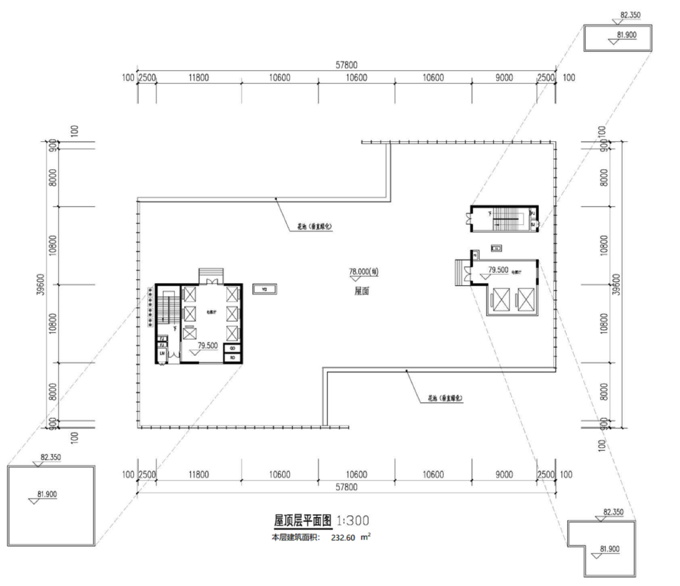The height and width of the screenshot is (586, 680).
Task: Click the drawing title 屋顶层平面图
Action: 302,520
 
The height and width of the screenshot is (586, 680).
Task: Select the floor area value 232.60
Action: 343,537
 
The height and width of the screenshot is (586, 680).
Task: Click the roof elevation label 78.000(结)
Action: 363,271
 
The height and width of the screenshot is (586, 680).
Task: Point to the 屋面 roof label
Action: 362,291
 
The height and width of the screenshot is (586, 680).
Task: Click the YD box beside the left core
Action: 265,290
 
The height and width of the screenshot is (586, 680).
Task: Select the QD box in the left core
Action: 233,349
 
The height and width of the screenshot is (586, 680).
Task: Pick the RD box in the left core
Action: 233,358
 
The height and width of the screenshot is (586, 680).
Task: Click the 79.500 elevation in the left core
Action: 207,345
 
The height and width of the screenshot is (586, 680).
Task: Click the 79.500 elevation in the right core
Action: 498,270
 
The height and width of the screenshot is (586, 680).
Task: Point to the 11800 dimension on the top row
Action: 199,78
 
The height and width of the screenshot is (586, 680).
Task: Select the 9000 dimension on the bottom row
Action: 504,474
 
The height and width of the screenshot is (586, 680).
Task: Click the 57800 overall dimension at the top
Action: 346,65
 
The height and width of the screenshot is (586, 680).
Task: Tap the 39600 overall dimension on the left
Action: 41,284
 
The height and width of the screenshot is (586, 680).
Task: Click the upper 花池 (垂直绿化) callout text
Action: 314,226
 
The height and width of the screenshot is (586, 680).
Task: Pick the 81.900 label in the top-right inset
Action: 626,35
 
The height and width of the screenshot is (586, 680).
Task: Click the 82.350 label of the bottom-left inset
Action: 50,457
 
